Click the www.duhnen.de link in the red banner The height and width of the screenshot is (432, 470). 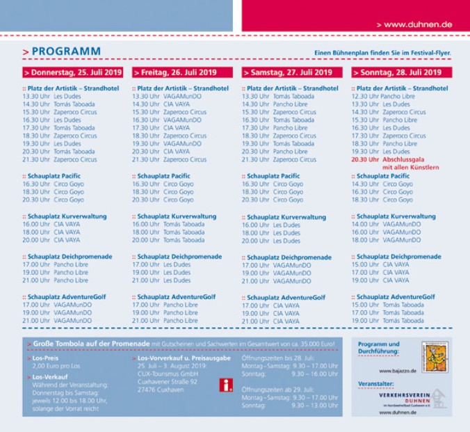point(417,24)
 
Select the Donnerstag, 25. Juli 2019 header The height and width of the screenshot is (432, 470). point(72,72)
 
